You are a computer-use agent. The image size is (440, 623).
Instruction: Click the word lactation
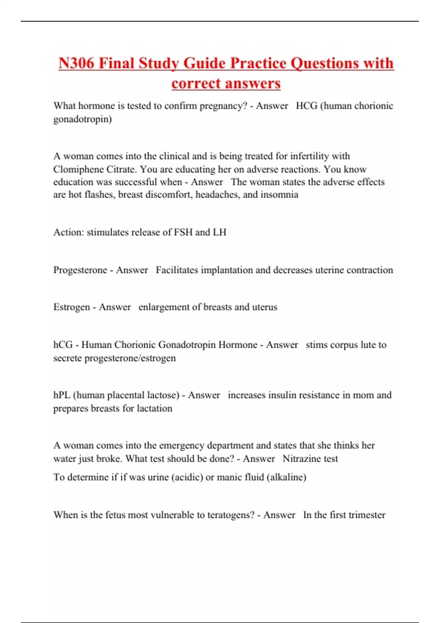pyautogui.click(x=154, y=409)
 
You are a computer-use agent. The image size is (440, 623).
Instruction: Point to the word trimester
pyautogui.click(x=367, y=515)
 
